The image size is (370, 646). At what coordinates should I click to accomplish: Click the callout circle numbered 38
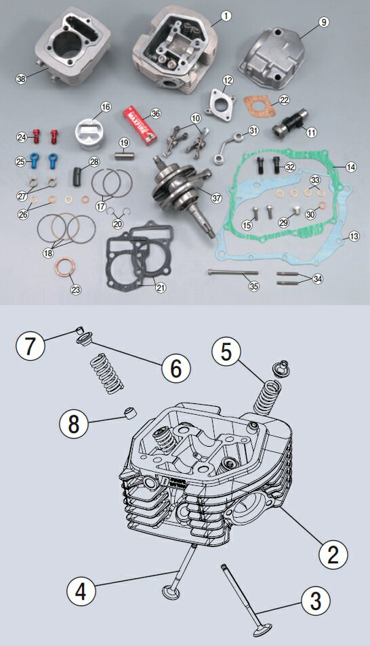(x=21, y=79)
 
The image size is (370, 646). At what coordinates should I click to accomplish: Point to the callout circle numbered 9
(x=324, y=22)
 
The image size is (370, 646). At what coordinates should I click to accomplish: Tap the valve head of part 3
(x=262, y=630)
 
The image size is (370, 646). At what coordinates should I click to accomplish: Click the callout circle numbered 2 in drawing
(x=333, y=554)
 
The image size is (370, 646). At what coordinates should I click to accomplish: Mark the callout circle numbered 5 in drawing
(x=226, y=351)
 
